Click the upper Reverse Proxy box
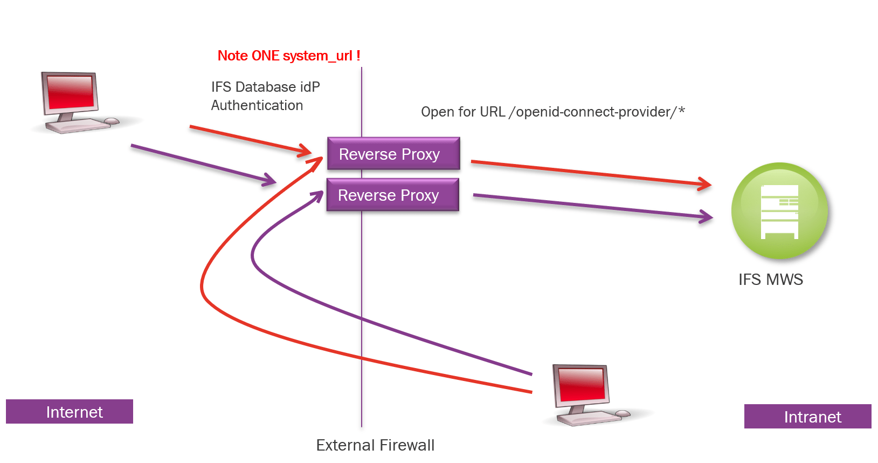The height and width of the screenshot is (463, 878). point(393,153)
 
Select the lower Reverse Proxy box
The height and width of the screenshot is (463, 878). point(393,195)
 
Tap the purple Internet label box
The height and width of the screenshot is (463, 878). point(70,412)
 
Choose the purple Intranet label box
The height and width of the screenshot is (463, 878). point(808,416)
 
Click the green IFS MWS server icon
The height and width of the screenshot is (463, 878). point(779,210)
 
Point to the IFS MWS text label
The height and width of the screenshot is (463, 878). point(771,280)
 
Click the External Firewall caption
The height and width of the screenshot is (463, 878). point(375,445)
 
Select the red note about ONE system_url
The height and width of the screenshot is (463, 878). point(289,56)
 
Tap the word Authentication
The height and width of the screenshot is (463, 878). point(257,105)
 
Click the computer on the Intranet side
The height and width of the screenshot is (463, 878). point(591,396)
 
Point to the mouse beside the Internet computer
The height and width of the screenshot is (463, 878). point(112,121)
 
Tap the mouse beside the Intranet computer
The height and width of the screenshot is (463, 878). point(623,414)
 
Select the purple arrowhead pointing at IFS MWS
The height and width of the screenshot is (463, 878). point(706,216)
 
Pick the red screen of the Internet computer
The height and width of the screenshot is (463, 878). point(71,92)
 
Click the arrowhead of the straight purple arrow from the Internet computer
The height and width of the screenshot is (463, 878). point(269,180)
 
